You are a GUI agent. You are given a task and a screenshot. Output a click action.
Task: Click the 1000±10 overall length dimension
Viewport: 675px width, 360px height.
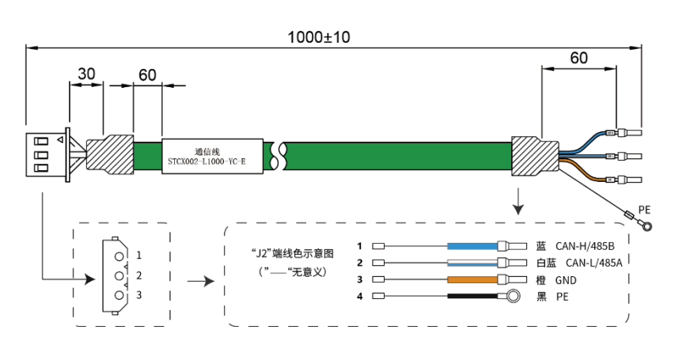[319, 37]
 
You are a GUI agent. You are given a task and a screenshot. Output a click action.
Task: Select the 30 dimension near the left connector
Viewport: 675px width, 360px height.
[86, 74]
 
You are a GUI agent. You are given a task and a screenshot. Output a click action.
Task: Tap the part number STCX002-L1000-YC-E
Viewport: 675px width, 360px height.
[207, 162]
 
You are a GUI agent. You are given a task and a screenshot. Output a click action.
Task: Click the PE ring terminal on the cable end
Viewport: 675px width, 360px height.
[645, 225]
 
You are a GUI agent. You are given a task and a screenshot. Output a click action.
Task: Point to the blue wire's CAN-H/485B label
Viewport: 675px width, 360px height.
[585, 246]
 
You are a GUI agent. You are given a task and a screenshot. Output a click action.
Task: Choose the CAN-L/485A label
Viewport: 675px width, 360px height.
[593, 263]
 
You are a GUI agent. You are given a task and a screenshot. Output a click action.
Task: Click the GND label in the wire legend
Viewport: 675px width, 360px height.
[566, 280]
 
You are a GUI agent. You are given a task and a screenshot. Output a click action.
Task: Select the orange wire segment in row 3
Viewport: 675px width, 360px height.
[472, 280]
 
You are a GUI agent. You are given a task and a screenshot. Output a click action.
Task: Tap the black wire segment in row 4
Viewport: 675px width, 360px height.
[472, 296]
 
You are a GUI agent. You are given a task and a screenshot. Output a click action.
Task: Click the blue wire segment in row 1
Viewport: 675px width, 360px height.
[472, 246]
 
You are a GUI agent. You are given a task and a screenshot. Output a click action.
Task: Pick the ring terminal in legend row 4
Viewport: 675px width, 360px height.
[512, 296]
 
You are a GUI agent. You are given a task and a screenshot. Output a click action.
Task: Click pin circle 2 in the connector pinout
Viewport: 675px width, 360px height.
[119, 275]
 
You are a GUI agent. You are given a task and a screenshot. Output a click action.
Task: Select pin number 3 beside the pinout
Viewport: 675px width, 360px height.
[138, 295]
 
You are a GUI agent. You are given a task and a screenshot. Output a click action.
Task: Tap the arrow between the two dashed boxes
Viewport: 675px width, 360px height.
[201, 282]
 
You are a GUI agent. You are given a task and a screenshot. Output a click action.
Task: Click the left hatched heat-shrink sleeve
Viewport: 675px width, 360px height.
[110, 154]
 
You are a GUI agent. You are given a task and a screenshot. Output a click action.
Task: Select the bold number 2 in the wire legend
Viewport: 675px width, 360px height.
[360, 263]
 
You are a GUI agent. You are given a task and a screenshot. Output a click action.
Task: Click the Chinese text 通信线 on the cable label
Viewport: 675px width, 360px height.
[207, 152]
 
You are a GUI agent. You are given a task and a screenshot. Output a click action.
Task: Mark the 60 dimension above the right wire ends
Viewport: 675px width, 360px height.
[578, 58]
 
